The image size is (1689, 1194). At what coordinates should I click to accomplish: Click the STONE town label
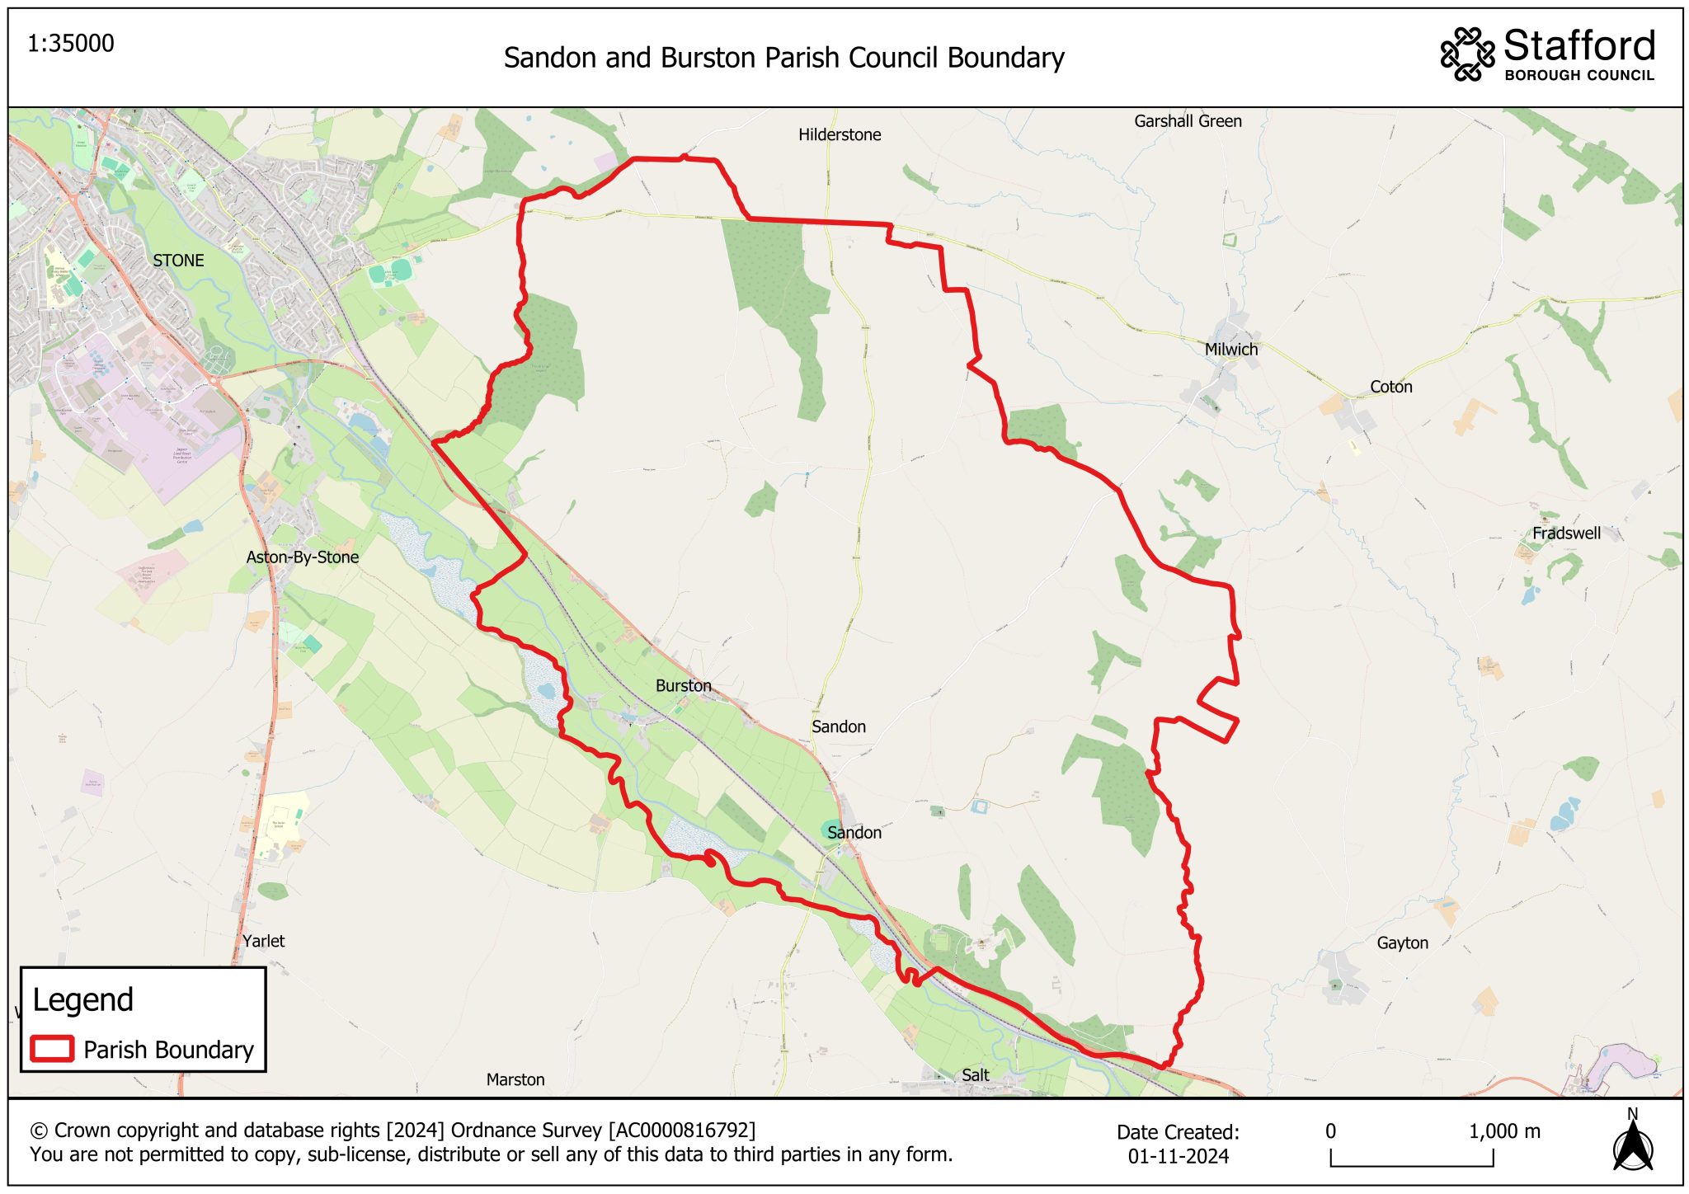pos(178,261)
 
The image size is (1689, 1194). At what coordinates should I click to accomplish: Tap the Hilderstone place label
pos(840,134)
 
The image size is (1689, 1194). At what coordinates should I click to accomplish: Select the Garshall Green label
pos(1188,121)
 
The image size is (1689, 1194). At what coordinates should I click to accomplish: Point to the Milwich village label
pos(1231,350)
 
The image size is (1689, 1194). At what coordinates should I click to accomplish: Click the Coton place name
pos(1391,387)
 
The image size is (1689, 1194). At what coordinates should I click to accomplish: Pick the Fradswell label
pos(1566,534)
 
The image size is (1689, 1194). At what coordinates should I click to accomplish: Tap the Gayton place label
pos(1402,943)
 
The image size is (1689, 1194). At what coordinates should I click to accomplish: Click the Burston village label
pos(683,685)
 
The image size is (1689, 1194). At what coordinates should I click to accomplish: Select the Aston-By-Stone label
pos(303,557)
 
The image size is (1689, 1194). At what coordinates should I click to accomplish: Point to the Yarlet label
pos(264,941)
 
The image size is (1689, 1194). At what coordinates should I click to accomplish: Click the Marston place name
pos(515,1079)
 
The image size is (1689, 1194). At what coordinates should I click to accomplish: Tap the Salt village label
pos(975,1075)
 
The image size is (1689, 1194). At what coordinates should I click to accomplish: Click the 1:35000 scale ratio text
pos(71,44)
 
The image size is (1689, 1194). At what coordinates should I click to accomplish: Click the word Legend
pos(82,999)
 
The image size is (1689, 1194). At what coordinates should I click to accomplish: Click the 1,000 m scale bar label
pos(1504,1131)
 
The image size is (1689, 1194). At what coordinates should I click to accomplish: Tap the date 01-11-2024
pos(1178,1156)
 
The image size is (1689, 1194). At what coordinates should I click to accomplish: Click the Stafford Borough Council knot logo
pos(1467,54)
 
